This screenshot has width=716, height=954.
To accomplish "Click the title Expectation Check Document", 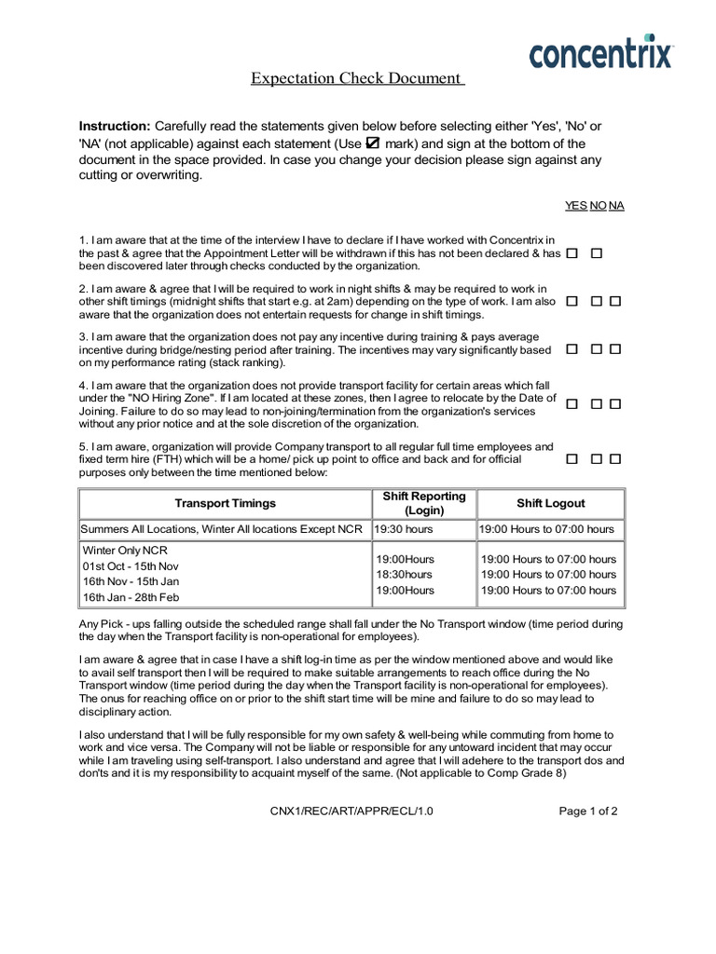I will pos(357,78).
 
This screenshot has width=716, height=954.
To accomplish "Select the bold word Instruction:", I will pos(114,126).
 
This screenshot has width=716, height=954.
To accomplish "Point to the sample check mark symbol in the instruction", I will pos(373,143).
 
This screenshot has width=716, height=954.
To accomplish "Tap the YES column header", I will pos(575,205).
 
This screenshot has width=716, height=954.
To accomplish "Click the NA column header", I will pos(616,205).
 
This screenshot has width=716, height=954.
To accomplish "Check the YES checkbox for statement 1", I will pos(571,252).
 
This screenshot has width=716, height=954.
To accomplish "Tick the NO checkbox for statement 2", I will pos(597,301).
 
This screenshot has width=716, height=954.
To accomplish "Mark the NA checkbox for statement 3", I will pos(615,348).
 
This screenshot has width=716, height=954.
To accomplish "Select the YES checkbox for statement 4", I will pos(571,403).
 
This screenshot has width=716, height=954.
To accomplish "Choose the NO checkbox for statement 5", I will pos(597,458).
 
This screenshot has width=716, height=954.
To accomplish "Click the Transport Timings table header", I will pos(225,503).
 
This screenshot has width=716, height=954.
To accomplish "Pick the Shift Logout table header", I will pos(550,503).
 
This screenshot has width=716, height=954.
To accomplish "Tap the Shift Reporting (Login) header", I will pos(423,503).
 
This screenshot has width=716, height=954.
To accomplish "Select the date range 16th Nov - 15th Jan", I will pos(131,581).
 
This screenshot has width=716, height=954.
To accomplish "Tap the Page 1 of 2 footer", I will pos(587,811).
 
